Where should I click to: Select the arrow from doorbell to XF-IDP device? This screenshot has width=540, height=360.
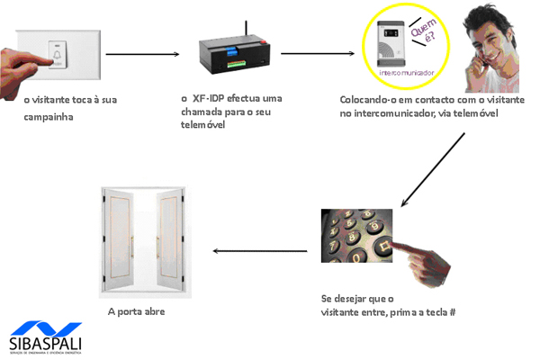pyautogui.click(x=142, y=55)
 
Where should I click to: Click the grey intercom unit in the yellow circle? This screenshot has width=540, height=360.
pyautogui.click(x=390, y=42)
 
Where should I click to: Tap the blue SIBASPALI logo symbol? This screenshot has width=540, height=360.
pyautogui.click(x=44, y=329)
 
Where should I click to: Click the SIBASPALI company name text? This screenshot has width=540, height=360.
pyautogui.click(x=45, y=346)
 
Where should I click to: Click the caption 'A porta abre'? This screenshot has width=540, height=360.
pyautogui.click(x=136, y=312)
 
